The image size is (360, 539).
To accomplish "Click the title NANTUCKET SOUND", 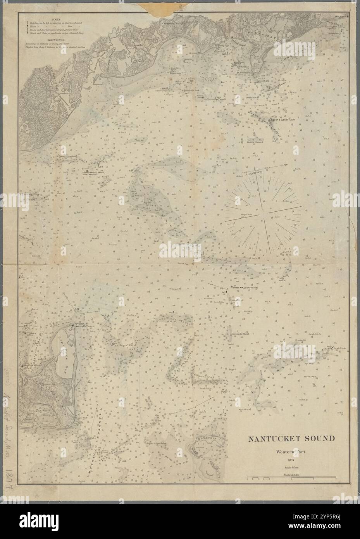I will coord(292,439).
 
